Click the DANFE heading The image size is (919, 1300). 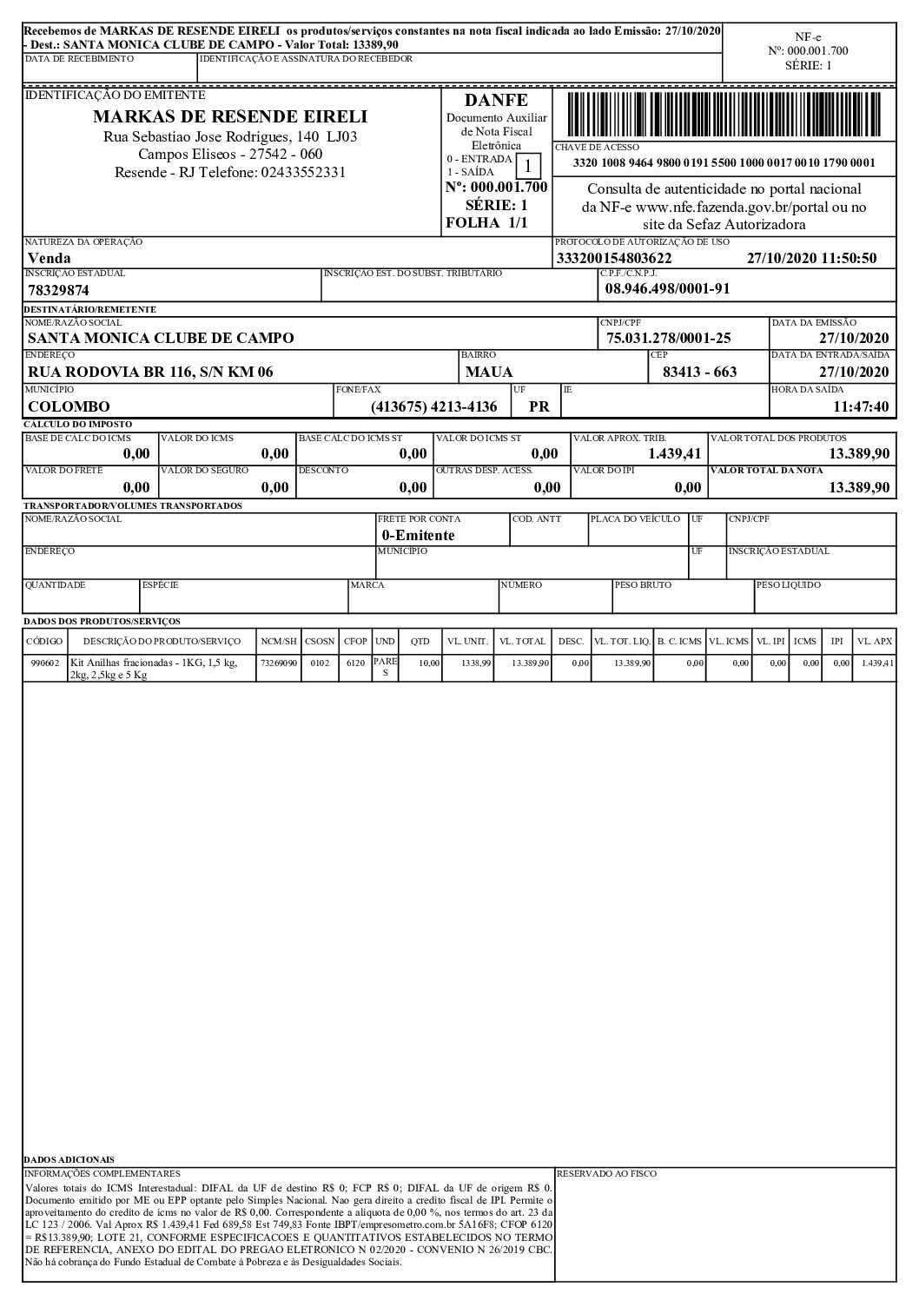496,101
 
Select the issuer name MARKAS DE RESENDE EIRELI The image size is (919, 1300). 230,117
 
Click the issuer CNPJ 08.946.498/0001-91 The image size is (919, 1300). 667,289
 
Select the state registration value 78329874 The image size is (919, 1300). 59,290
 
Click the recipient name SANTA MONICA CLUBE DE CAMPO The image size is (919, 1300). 161,338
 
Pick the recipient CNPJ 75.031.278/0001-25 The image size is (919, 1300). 668,338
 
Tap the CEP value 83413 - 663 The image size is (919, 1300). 699,372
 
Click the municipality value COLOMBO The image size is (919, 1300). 69,406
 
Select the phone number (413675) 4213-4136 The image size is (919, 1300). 434,406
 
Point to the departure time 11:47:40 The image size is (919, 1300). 861,406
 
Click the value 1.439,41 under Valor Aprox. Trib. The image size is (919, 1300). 674,453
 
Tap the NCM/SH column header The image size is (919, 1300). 279,642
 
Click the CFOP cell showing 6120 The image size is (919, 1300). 354,663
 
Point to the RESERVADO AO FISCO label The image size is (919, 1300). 606,1173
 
